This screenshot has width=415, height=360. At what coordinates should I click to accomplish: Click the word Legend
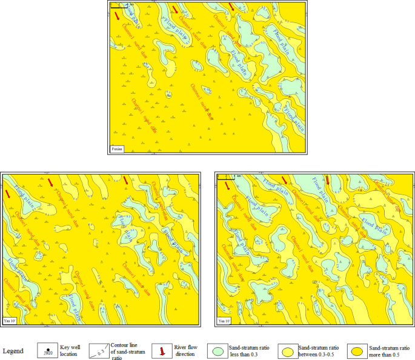(x=13, y=351)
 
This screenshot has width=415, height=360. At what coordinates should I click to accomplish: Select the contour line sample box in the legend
(x=99, y=350)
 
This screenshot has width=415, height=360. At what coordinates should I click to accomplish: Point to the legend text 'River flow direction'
(x=185, y=350)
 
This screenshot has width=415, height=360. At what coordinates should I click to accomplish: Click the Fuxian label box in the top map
(x=116, y=148)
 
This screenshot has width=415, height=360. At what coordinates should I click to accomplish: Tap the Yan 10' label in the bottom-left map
(x=10, y=319)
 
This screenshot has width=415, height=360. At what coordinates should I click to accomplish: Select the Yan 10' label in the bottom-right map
(x=225, y=319)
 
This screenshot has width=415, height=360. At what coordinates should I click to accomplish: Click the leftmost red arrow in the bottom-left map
(x=8, y=193)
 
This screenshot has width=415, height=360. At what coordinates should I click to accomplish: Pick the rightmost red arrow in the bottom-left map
(x=126, y=180)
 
